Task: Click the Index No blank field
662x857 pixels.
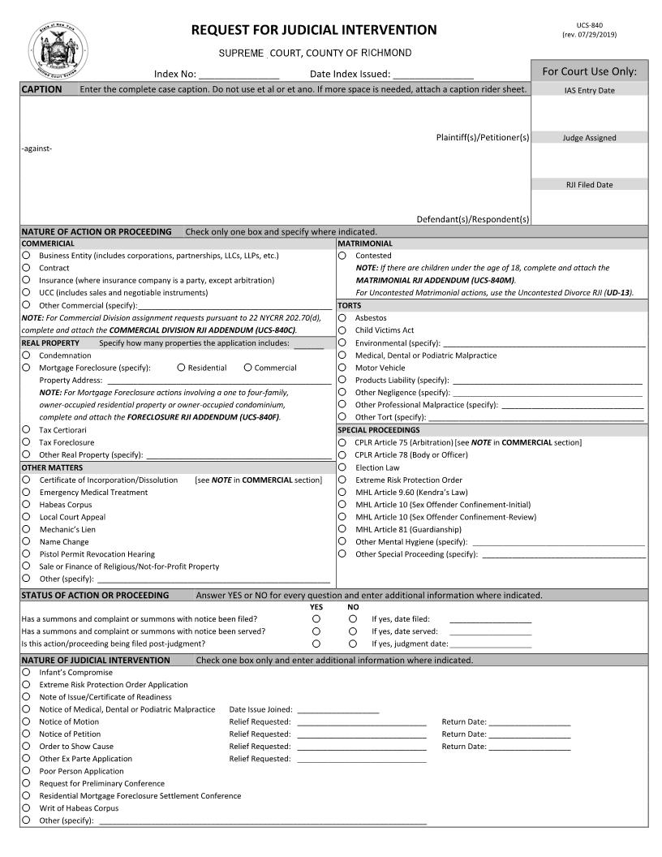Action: [x=239, y=75]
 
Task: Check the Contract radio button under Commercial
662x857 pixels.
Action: [x=27, y=268]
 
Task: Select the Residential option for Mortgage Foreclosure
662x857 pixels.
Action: [x=181, y=368]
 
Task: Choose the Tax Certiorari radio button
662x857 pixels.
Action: [x=27, y=430]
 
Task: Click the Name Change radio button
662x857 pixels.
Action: [x=27, y=542]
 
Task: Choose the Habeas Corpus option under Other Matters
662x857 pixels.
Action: [x=27, y=505]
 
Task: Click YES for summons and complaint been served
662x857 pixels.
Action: [x=316, y=631]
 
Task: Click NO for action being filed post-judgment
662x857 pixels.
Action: [x=353, y=644]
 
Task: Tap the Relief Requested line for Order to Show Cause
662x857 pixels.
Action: [x=361, y=747]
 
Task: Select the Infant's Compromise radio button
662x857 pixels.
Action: [x=27, y=673]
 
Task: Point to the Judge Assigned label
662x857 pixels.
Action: [x=589, y=138]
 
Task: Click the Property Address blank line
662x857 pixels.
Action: [x=219, y=380]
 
